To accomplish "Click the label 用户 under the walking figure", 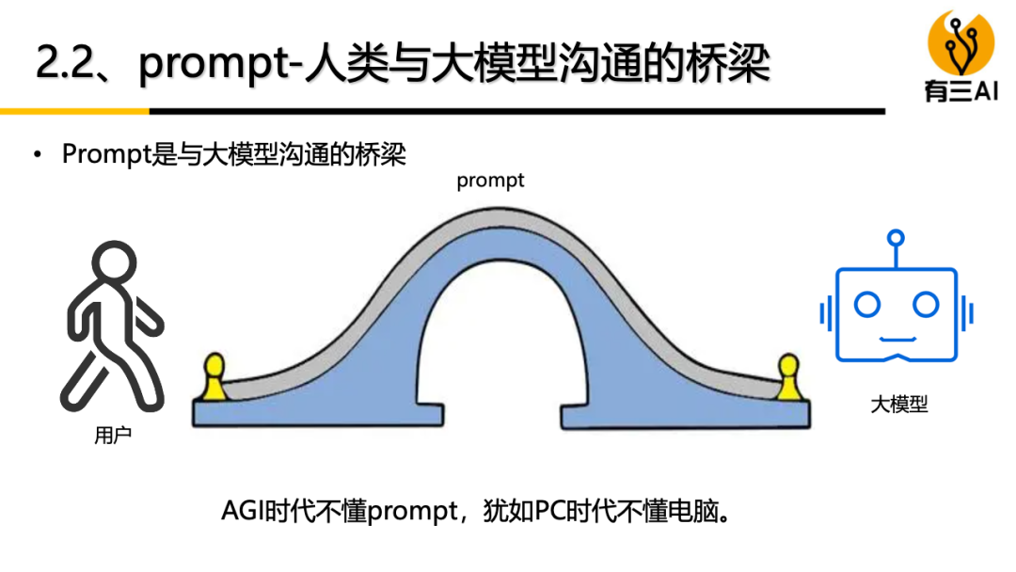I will [x=114, y=436].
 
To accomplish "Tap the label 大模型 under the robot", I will [x=898, y=405].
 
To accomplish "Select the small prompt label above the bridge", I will [x=490, y=181].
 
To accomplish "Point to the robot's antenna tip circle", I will [x=897, y=238].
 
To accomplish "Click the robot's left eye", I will [x=866, y=304].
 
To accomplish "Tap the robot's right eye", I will [x=926, y=304].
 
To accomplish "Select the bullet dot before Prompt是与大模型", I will [x=38, y=154].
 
